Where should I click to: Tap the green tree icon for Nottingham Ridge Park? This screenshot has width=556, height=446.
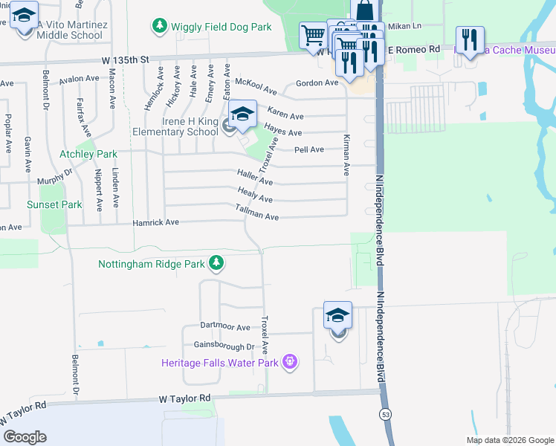point(216,262)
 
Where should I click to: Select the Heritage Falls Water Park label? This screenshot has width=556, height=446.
point(220,363)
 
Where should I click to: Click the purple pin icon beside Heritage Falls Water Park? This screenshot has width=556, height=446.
point(290,362)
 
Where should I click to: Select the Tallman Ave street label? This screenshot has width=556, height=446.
point(256,215)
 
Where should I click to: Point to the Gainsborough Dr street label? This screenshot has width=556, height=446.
point(224,346)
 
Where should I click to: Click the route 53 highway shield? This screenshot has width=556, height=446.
point(384,413)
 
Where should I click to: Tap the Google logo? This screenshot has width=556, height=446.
point(25,437)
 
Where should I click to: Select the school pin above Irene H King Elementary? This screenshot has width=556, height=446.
point(242,114)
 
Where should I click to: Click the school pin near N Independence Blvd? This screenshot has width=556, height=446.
point(337,315)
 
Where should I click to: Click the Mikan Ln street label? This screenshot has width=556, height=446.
point(405,26)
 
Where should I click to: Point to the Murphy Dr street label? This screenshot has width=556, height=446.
point(55,177)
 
